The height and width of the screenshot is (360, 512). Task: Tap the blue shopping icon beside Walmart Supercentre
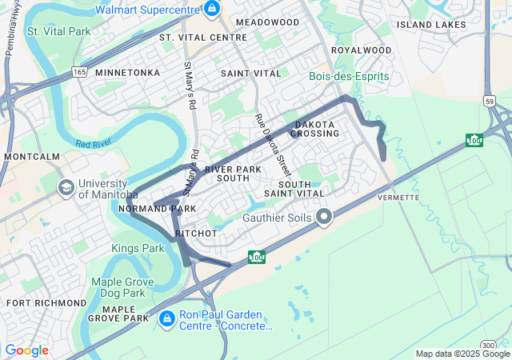coord(212,10)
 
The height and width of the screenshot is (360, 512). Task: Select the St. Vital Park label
coord(57,31)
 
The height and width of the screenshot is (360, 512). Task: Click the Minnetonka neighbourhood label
coord(127,73)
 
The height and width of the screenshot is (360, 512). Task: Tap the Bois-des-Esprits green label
coord(349,77)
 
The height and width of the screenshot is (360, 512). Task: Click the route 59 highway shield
coord(488,101)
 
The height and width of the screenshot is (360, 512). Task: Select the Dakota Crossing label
coord(316,129)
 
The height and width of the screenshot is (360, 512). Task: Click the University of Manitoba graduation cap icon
coord(66,187)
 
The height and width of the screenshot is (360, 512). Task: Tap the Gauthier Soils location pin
coord(324,217)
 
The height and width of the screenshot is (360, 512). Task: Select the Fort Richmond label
coord(46,303)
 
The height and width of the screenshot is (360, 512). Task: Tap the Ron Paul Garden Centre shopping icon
coord(166,319)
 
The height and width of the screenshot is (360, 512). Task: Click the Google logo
coord(26,350)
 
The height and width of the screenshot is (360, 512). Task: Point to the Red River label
coord(93,145)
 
